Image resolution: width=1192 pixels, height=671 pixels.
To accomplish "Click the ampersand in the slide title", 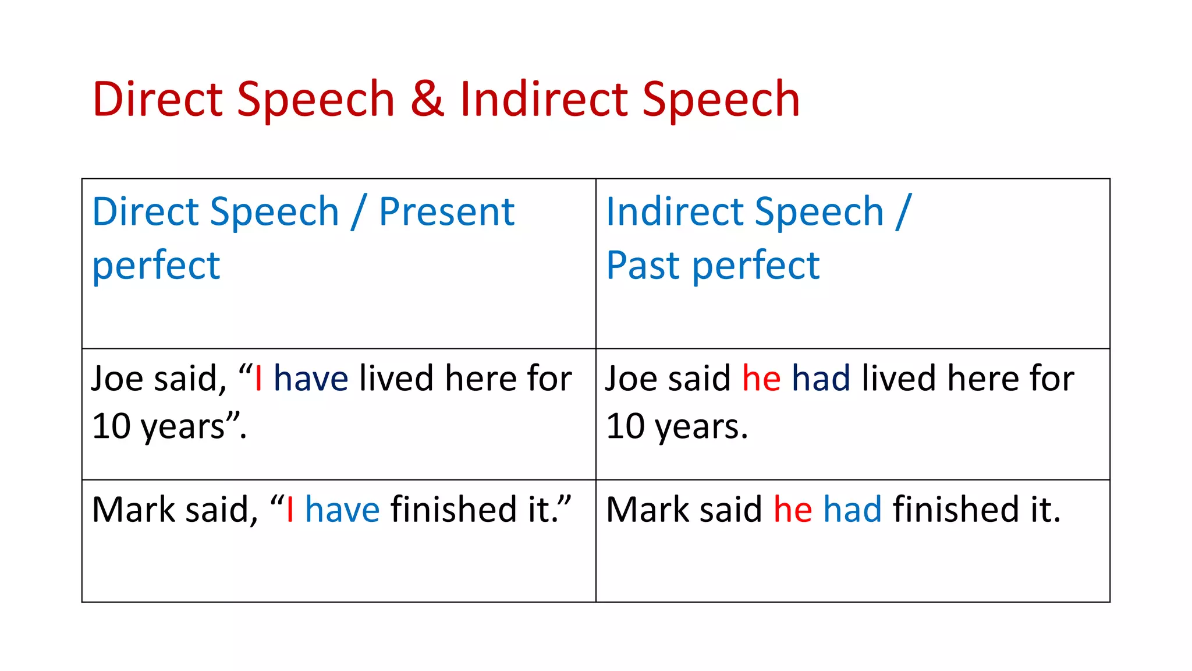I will [x=427, y=100].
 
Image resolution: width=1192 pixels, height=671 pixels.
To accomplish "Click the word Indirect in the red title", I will [x=542, y=100].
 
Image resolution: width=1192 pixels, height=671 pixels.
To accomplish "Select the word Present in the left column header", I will [x=446, y=211].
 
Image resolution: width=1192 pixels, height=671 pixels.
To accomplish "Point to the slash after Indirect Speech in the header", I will [x=903, y=211].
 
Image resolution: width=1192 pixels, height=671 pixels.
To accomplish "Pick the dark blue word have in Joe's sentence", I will [x=311, y=379].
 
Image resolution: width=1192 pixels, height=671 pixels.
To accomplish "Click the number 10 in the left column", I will [x=111, y=426].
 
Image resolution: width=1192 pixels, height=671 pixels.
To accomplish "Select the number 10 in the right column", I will [x=626, y=426].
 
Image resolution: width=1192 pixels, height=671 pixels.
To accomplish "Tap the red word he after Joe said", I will [x=761, y=379].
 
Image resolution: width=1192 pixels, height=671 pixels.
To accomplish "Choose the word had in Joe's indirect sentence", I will [x=821, y=379].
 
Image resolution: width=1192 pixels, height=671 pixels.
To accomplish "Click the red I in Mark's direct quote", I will [x=290, y=510].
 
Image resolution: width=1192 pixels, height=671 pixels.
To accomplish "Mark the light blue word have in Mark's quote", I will [x=342, y=510].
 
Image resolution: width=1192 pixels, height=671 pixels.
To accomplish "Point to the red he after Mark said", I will [x=793, y=510].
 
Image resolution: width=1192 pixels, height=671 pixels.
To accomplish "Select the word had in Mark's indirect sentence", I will [x=853, y=510].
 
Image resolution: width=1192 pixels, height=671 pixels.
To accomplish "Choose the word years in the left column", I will [x=183, y=429].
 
